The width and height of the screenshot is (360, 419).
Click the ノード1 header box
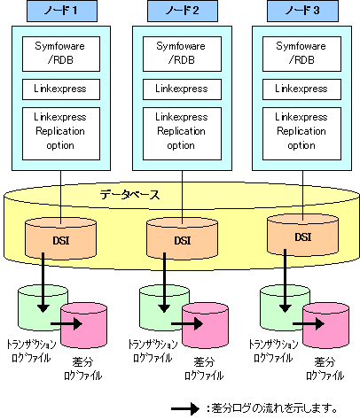(62, 11)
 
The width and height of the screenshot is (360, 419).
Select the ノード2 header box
(183, 11)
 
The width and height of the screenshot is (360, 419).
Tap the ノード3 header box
(302, 11)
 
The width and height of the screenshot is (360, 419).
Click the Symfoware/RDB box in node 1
(61, 54)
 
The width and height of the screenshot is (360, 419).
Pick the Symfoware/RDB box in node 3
(301, 54)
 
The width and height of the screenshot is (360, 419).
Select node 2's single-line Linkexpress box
(182, 89)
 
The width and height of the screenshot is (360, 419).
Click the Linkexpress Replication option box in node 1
(61, 134)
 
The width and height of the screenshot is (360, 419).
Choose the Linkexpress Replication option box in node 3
(301, 134)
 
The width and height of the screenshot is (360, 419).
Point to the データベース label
(130, 195)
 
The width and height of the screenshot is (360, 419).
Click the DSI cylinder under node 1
(60, 238)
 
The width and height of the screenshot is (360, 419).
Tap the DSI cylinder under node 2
(182, 238)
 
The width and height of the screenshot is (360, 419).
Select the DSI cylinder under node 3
(302, 236)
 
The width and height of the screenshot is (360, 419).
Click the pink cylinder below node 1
(84, 325)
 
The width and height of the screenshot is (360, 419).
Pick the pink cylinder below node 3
(326, 325)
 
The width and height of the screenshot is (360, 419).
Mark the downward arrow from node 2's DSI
(164, 283)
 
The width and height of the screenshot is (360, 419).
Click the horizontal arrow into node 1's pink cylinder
(67, 324)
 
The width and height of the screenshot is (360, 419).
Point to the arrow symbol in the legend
(185, 409)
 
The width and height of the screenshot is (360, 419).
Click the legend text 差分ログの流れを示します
(274, 408)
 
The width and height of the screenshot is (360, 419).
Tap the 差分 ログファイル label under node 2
(204, 369)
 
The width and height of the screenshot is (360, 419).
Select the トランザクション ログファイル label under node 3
(273, 351)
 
